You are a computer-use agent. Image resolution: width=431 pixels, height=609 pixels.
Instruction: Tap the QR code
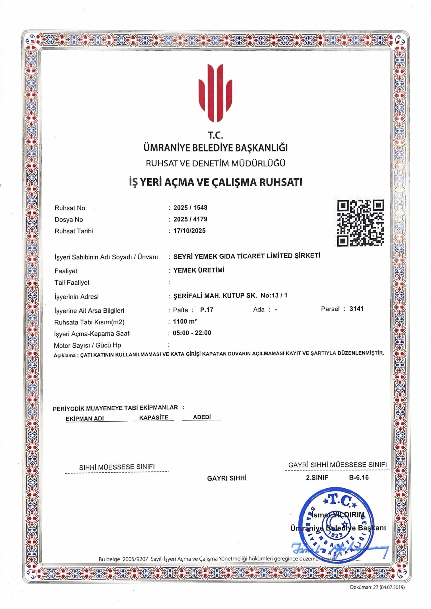pos(360,223)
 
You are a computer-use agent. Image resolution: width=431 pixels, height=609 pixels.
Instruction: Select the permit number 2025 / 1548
pos(190,207)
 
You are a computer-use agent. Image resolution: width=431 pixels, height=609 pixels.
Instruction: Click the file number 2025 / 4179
pos(190,219)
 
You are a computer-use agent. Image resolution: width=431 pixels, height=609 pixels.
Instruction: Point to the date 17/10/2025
pos(189,231)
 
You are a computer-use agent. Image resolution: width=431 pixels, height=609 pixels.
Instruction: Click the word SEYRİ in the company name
pos(183,256)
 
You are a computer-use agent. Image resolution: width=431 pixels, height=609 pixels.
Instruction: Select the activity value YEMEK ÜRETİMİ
pos(199,270)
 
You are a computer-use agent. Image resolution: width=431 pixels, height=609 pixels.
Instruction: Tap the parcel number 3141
pos(356,309)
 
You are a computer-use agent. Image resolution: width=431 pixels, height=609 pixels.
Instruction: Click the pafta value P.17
pos(207,310)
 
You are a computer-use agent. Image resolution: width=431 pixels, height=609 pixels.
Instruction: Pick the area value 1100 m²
pos(185,321)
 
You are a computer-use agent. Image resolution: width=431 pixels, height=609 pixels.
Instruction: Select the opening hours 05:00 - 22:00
pos(192,333)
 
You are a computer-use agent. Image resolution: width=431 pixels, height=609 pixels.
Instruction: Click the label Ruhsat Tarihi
pos(74,231)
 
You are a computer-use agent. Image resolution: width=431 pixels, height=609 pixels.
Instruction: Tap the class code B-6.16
pos(359,477)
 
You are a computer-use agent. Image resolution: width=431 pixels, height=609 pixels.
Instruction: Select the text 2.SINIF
pos(317,477)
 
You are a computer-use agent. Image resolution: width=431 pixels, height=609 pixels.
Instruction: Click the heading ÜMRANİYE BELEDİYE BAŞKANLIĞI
pos(215,148)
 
